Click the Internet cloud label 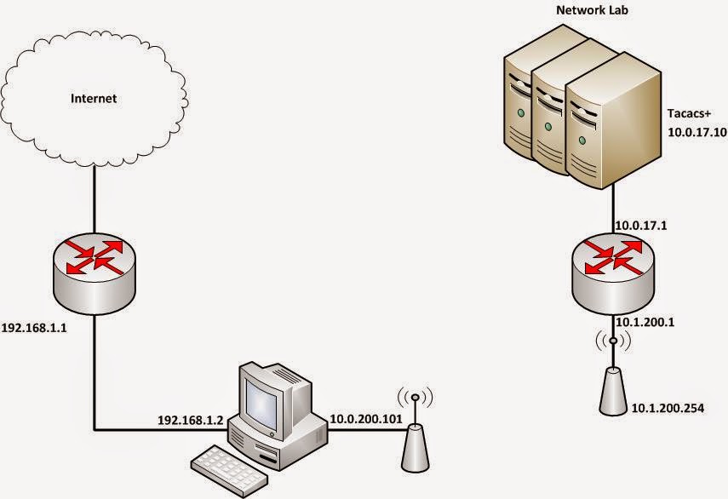click(x=94, y=99)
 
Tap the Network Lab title click(x=592, y=9)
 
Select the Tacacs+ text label click(x=689, y=113)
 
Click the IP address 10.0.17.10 click(x=696, y=132)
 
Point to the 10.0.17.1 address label click(x=640, y=226)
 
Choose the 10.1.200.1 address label click(x=645, y=322)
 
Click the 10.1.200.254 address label click(x=668, y=408)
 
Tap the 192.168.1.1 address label click(x=34, y=328)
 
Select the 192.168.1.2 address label click(x=191, y=420)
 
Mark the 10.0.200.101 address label click(x=366, y=419)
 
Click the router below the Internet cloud click(x=95, y=274)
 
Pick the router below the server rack click(x=613, y=274)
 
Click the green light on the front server click(x=582, y=140)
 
